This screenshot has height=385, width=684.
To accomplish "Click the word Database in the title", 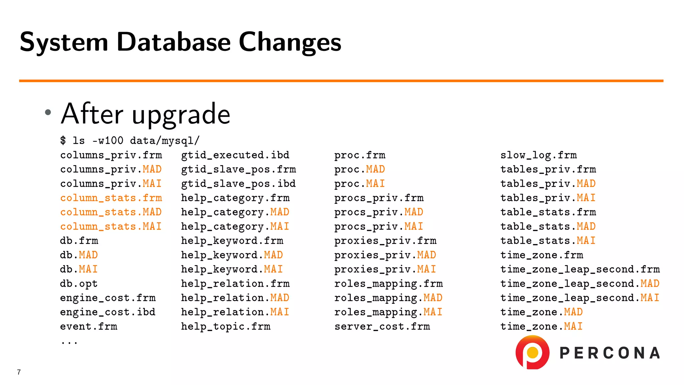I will pyautogui.click(x=173, y=42).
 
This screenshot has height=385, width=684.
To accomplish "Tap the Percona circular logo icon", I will pyautogui.click(x=532, y=352).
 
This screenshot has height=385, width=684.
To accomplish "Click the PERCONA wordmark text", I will pyautogui.click(x=610, y=353).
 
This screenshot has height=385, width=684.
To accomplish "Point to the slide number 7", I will pyautogui.click(x=19, y=372).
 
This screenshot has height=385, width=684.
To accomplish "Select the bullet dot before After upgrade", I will pyautogui.click(x=48, y=112).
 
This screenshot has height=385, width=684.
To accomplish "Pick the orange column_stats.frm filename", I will pyautogui.click(x=111, y=198).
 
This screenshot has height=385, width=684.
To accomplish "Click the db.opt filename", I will pyautogui.click(x=79, y=284).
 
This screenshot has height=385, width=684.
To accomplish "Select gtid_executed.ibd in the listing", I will pyautogui.click(x=235, y=155).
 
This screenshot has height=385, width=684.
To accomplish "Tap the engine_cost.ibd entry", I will pyautogui.click(x=108, y=312).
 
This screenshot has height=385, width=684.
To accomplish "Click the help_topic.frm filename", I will pyautogui.click(x=226, y=327).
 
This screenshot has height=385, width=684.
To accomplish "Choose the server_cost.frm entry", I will pyautogui.click(x=382, y=327).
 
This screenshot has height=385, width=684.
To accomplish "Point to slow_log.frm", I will pyautogui.click(x=538, y=155).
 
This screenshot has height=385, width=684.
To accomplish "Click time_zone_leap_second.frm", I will pyautogui.click(x=580, y=269).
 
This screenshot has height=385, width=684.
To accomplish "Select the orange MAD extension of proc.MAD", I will pyautogui.click(x=375, y=169).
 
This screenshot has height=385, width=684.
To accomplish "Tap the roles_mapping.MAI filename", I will pyautogui.click(x=388, y=312).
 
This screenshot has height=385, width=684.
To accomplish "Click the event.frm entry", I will pyautogui.click(x=89, y=327).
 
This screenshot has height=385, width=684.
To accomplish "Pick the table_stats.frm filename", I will pyautogui.click(x=548, y=212).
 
